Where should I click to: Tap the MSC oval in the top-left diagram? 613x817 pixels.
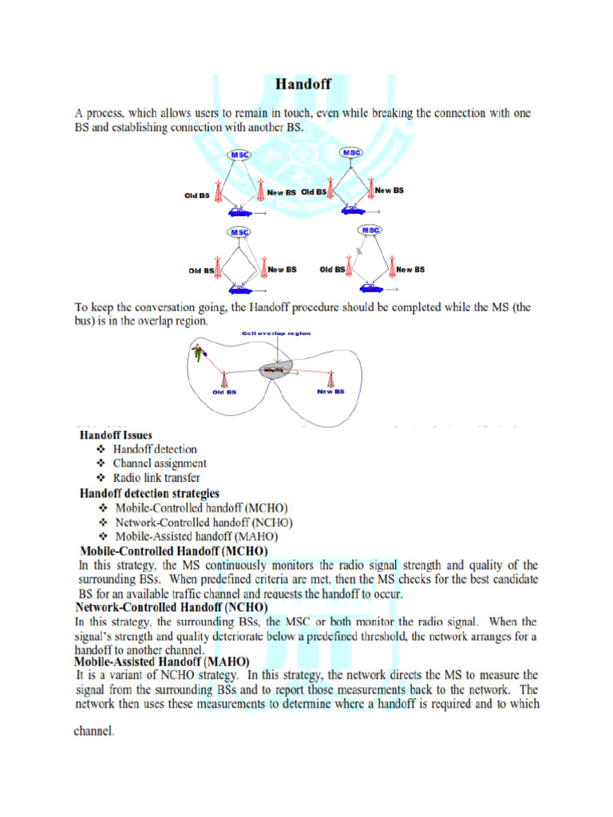(239, 154)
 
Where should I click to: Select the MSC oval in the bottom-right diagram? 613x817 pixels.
(370, 230)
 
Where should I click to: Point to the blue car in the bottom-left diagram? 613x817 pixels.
(238, 288)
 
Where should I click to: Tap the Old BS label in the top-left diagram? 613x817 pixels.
(198, 195)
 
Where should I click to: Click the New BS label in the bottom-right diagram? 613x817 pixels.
(410, 270)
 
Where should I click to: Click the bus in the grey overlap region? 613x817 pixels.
(275, 370)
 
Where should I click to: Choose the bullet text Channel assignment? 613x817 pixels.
(160, 463)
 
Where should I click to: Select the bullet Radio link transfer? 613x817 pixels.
(156, 478)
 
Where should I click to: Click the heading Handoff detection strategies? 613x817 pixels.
(148, 493)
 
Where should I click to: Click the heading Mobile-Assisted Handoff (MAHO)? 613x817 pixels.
(162, 661)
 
